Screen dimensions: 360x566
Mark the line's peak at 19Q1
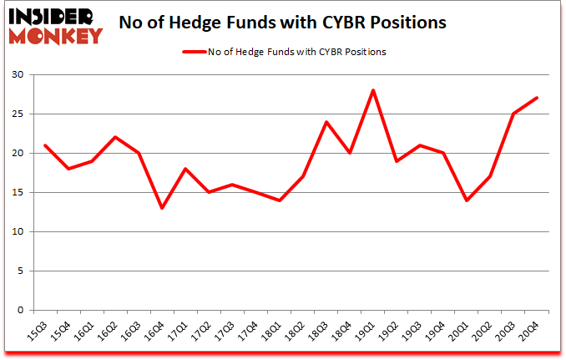coord(374,90)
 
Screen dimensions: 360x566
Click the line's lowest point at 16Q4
coord(162,208)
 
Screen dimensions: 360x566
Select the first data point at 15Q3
coord(45,145)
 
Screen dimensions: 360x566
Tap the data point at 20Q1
coord(467,200)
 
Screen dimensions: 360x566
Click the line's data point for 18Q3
coord(327,122)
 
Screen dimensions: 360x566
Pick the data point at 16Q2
coord(115,137)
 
